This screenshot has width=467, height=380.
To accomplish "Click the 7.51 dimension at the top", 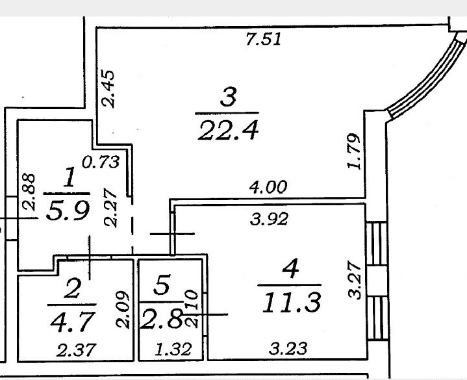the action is (264, 39).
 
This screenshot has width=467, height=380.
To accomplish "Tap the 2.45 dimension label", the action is (108, 88).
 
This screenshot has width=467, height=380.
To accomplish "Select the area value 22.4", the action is (228, 130).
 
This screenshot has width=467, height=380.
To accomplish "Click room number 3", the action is (229, 97).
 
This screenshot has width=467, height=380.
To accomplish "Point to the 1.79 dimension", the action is (355, 151).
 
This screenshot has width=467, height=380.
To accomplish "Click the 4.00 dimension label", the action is (269, 187).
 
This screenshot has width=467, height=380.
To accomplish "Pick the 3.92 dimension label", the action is (270, 219).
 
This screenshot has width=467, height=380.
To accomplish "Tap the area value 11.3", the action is (292, 302).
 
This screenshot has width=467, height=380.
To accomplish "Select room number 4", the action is (290, 268).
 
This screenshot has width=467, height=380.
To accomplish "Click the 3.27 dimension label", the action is (355, 279).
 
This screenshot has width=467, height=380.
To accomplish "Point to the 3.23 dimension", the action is (288, 348).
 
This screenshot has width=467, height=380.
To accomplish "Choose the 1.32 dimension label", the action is (173, 349).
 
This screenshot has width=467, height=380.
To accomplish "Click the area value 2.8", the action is (161, 319).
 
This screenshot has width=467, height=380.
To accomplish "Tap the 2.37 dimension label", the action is (76, 349).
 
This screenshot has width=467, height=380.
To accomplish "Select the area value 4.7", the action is (73, 322).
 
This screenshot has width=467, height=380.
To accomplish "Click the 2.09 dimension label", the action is (123, 309).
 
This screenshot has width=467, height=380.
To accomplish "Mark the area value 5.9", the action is (68, 210).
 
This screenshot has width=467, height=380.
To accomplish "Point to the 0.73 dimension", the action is (101, 162).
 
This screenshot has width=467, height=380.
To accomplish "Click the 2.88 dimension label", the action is (29, 192).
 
